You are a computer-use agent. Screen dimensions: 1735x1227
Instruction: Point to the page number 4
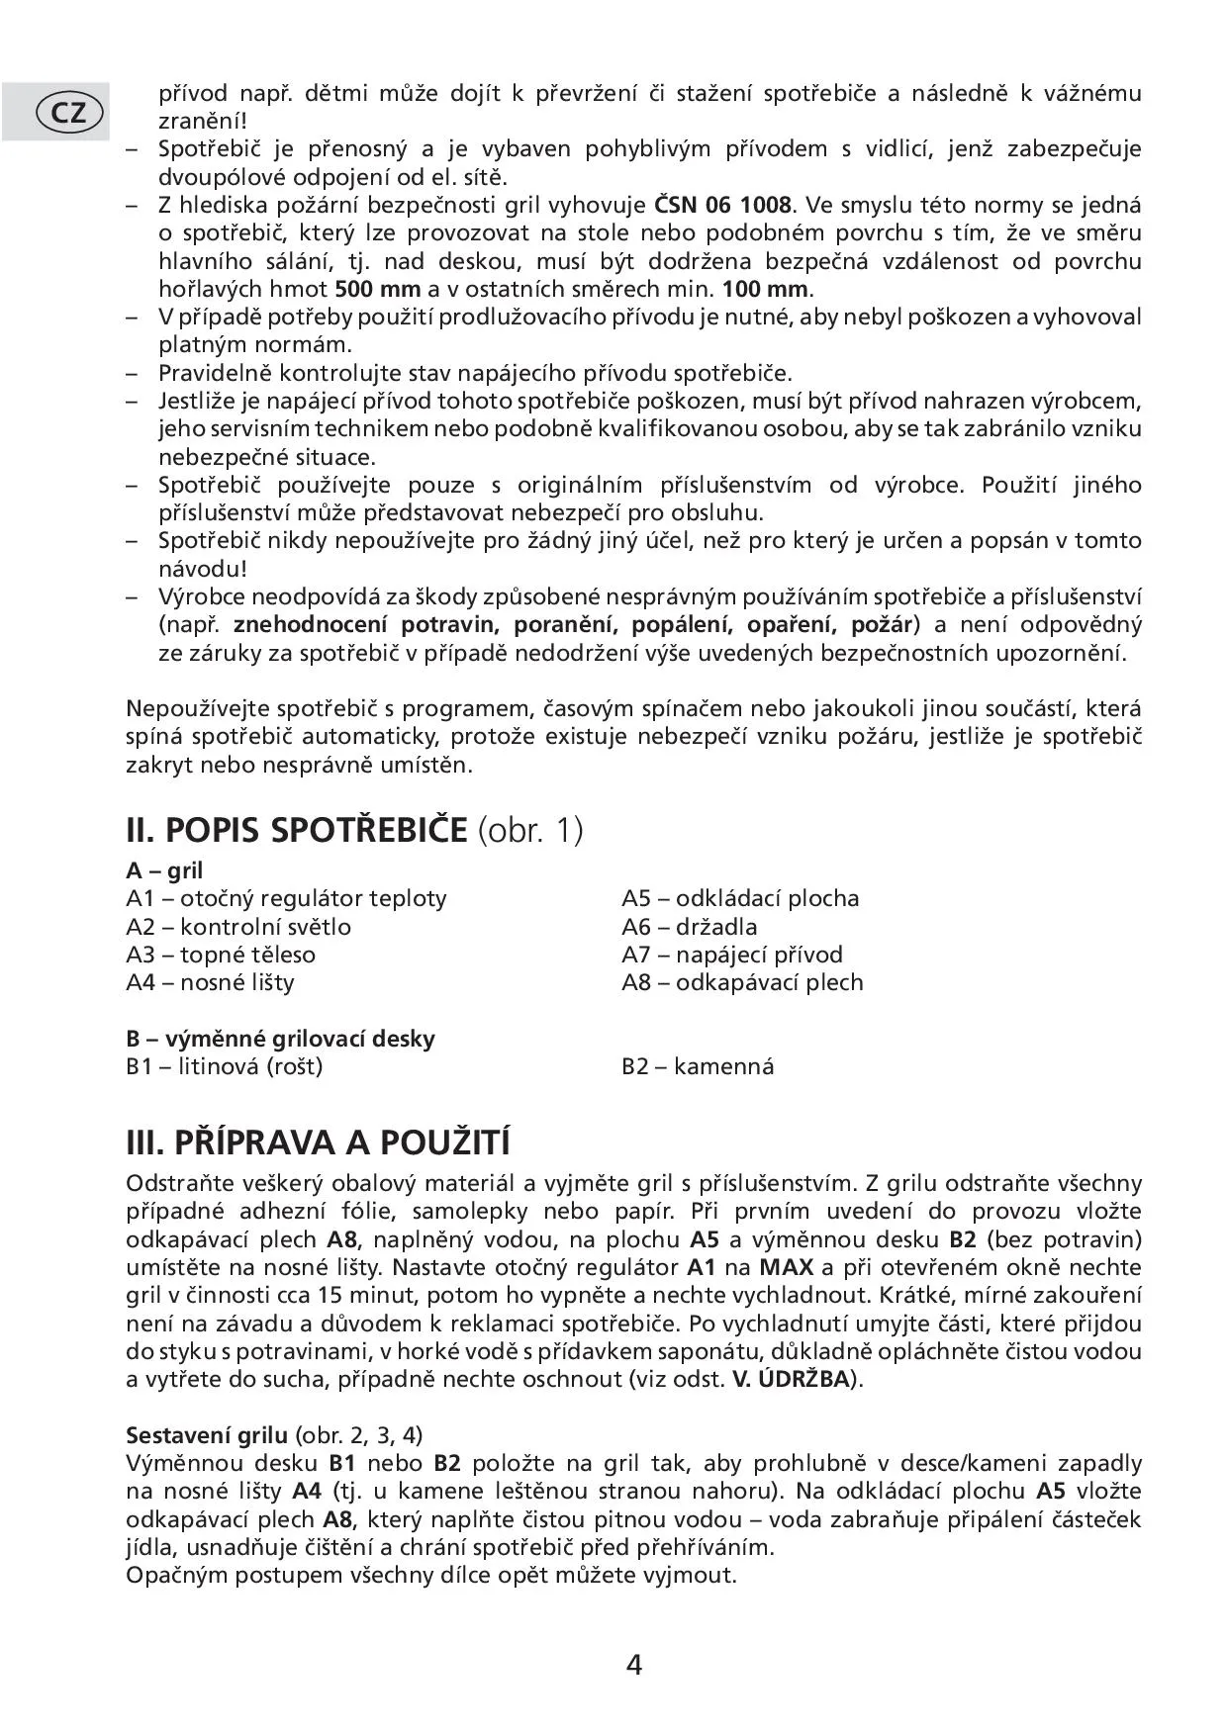coord(634,1665)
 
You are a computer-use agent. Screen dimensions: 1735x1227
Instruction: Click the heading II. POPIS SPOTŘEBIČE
coord(296,829)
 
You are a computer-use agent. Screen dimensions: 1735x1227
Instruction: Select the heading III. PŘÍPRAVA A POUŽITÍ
coord(318,1142)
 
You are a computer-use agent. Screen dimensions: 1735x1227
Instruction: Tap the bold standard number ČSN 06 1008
coord(723,206)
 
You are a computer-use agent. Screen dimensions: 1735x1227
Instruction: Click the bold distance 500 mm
coord(378,290)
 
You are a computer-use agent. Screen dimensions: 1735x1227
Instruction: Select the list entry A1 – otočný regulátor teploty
coord(286,898)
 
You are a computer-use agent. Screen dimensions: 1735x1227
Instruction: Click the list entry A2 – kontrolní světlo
coord(237,927)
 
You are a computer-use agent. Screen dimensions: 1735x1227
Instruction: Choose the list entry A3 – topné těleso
coord(221,955)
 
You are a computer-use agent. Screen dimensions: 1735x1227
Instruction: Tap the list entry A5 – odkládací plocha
coord(740,898)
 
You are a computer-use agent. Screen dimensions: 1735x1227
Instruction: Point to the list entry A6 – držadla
coord(689,927)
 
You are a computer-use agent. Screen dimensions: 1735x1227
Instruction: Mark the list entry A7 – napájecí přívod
coord(731,955)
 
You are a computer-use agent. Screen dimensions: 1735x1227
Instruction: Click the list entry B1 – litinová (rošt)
coord(224,1066)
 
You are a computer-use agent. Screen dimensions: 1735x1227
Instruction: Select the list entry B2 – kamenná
coord(698,1066)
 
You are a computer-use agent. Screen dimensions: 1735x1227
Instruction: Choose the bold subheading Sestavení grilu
coord(207,1434)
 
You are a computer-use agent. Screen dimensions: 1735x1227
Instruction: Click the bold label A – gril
coord(164,870)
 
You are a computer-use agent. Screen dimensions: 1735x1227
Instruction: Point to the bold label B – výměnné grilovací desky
coord(280,1039)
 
